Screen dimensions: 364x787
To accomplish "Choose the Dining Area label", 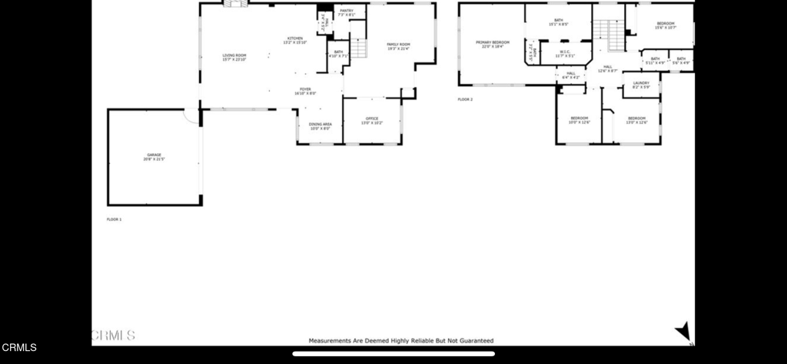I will click(320, 126).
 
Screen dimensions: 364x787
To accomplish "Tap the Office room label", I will click(372, 120).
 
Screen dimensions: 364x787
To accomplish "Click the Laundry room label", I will click(641, 85).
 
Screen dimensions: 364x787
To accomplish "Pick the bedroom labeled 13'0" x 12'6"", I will click(636, 120).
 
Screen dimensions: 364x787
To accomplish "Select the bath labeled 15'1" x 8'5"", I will click(559, 22).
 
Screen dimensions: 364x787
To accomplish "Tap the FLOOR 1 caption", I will click(114, 219).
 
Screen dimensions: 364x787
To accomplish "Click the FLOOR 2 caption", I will click(465, 99).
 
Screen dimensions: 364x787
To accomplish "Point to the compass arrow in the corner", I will click(682, 332).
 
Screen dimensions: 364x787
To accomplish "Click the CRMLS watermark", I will click(112, 335).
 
